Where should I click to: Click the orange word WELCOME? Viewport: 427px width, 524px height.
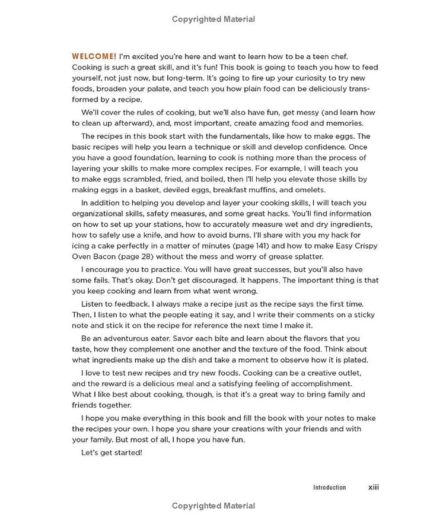(x=90, y=56)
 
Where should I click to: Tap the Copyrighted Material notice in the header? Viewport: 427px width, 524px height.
(x=213, y=19)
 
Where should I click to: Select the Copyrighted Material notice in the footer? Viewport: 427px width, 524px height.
(x=213, y=506)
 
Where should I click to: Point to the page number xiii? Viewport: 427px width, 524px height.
(x=374, y=487)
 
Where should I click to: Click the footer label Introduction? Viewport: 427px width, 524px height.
(x=329, y=487)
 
